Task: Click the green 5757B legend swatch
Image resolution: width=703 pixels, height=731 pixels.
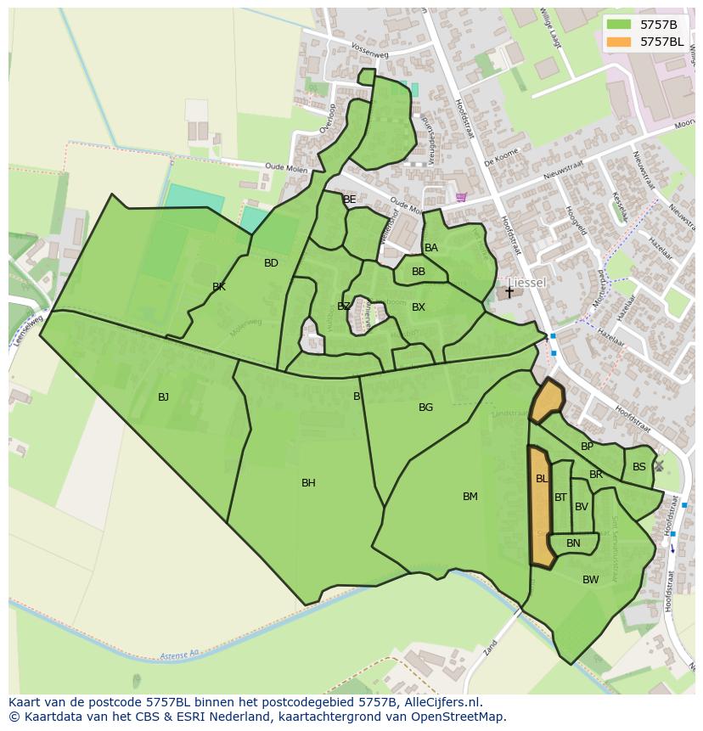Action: [620, 25]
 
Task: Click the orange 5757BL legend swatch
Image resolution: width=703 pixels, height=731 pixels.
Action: [620, 42]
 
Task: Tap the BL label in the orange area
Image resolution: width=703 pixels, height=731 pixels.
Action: [542, 479]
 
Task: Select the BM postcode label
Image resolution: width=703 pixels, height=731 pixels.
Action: [470, 497]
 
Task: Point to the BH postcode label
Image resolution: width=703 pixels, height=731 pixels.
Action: [308, 483]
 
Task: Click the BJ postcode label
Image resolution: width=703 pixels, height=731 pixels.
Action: [163, 396]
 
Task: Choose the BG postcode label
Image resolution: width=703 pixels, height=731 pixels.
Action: [425, 408]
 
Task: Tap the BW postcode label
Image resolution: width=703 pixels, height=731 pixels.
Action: [590, 580]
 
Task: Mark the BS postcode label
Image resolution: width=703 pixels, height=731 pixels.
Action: [638, 467]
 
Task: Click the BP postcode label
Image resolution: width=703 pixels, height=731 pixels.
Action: [587, 447]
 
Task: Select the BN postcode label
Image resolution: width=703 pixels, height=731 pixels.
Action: [573, 543]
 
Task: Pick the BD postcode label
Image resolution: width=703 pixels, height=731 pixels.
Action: [271, 263]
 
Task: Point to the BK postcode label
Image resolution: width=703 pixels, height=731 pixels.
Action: [219, 287]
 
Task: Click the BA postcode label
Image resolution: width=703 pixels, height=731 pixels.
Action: [431, 248]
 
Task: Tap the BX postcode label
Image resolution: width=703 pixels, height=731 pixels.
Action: [418, 307]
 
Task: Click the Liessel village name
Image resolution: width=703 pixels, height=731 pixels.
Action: [526, 282]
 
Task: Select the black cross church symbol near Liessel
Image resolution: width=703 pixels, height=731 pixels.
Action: [509, 291]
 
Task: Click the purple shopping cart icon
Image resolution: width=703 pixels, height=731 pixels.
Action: [461, 197]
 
